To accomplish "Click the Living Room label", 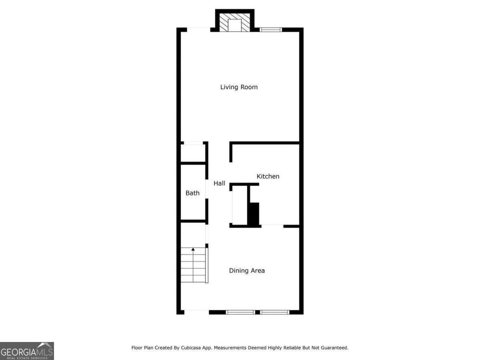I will pos(239,87).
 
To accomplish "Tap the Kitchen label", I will pos(268,176).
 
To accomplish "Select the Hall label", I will pos(219,184).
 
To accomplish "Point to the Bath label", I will pos(192,193).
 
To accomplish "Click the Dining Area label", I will pos(247,271).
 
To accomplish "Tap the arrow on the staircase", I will pos(193,250).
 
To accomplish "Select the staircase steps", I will pos(193,265).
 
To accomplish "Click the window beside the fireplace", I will pos(271,30).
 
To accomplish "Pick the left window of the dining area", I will pos(240,312).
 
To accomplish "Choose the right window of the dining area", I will pos(275,312).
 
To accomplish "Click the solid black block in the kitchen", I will pos(254,214).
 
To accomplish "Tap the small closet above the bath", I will pos(193,153).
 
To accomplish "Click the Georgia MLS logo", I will pos(27,351).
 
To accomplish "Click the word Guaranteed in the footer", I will pos(333,348).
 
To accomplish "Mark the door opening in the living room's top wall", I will pos(198,30).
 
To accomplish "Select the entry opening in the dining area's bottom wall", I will pos(196,312).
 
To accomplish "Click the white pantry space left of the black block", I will pos(240,205).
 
